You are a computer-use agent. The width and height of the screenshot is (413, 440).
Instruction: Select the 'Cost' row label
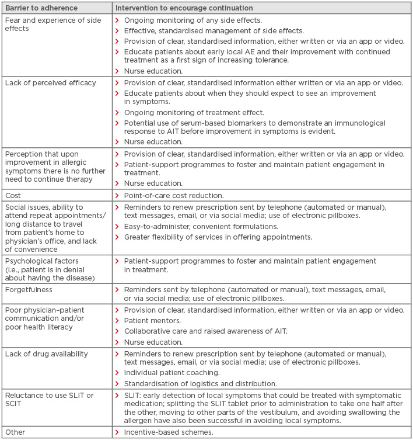[x=13, y=195]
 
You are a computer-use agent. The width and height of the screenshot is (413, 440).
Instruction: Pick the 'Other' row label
[x=15, y=432]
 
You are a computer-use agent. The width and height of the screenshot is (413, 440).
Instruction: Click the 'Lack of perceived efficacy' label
[x=50, y=83]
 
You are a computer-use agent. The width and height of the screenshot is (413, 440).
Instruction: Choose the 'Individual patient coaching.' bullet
[x=171, y=372]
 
